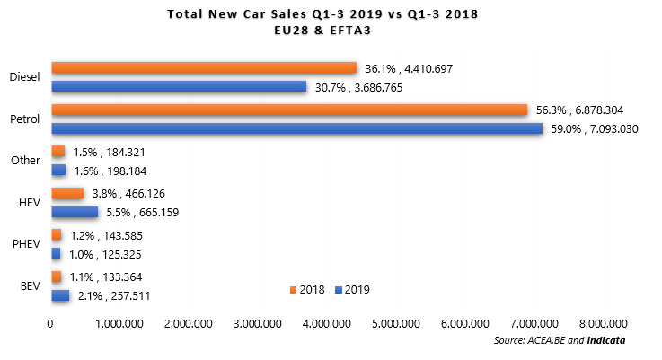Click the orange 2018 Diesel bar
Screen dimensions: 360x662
(204, 67)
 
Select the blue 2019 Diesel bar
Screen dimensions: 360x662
(179, 86)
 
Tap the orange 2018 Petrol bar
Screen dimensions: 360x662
(288, 110)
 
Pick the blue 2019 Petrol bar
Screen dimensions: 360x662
(296, 128)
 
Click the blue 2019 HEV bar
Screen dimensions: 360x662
(75, 212)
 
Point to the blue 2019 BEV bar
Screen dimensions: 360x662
(60, 295)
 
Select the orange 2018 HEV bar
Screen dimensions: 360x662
(67, 193)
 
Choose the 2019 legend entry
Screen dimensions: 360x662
(351, 290)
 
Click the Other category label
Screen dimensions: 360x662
(25, 161)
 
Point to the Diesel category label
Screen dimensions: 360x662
(24, 77)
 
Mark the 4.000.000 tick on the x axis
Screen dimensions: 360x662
(329, 323)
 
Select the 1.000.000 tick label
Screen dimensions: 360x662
(121, 323)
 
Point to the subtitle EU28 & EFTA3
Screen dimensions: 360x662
(329, 30)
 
